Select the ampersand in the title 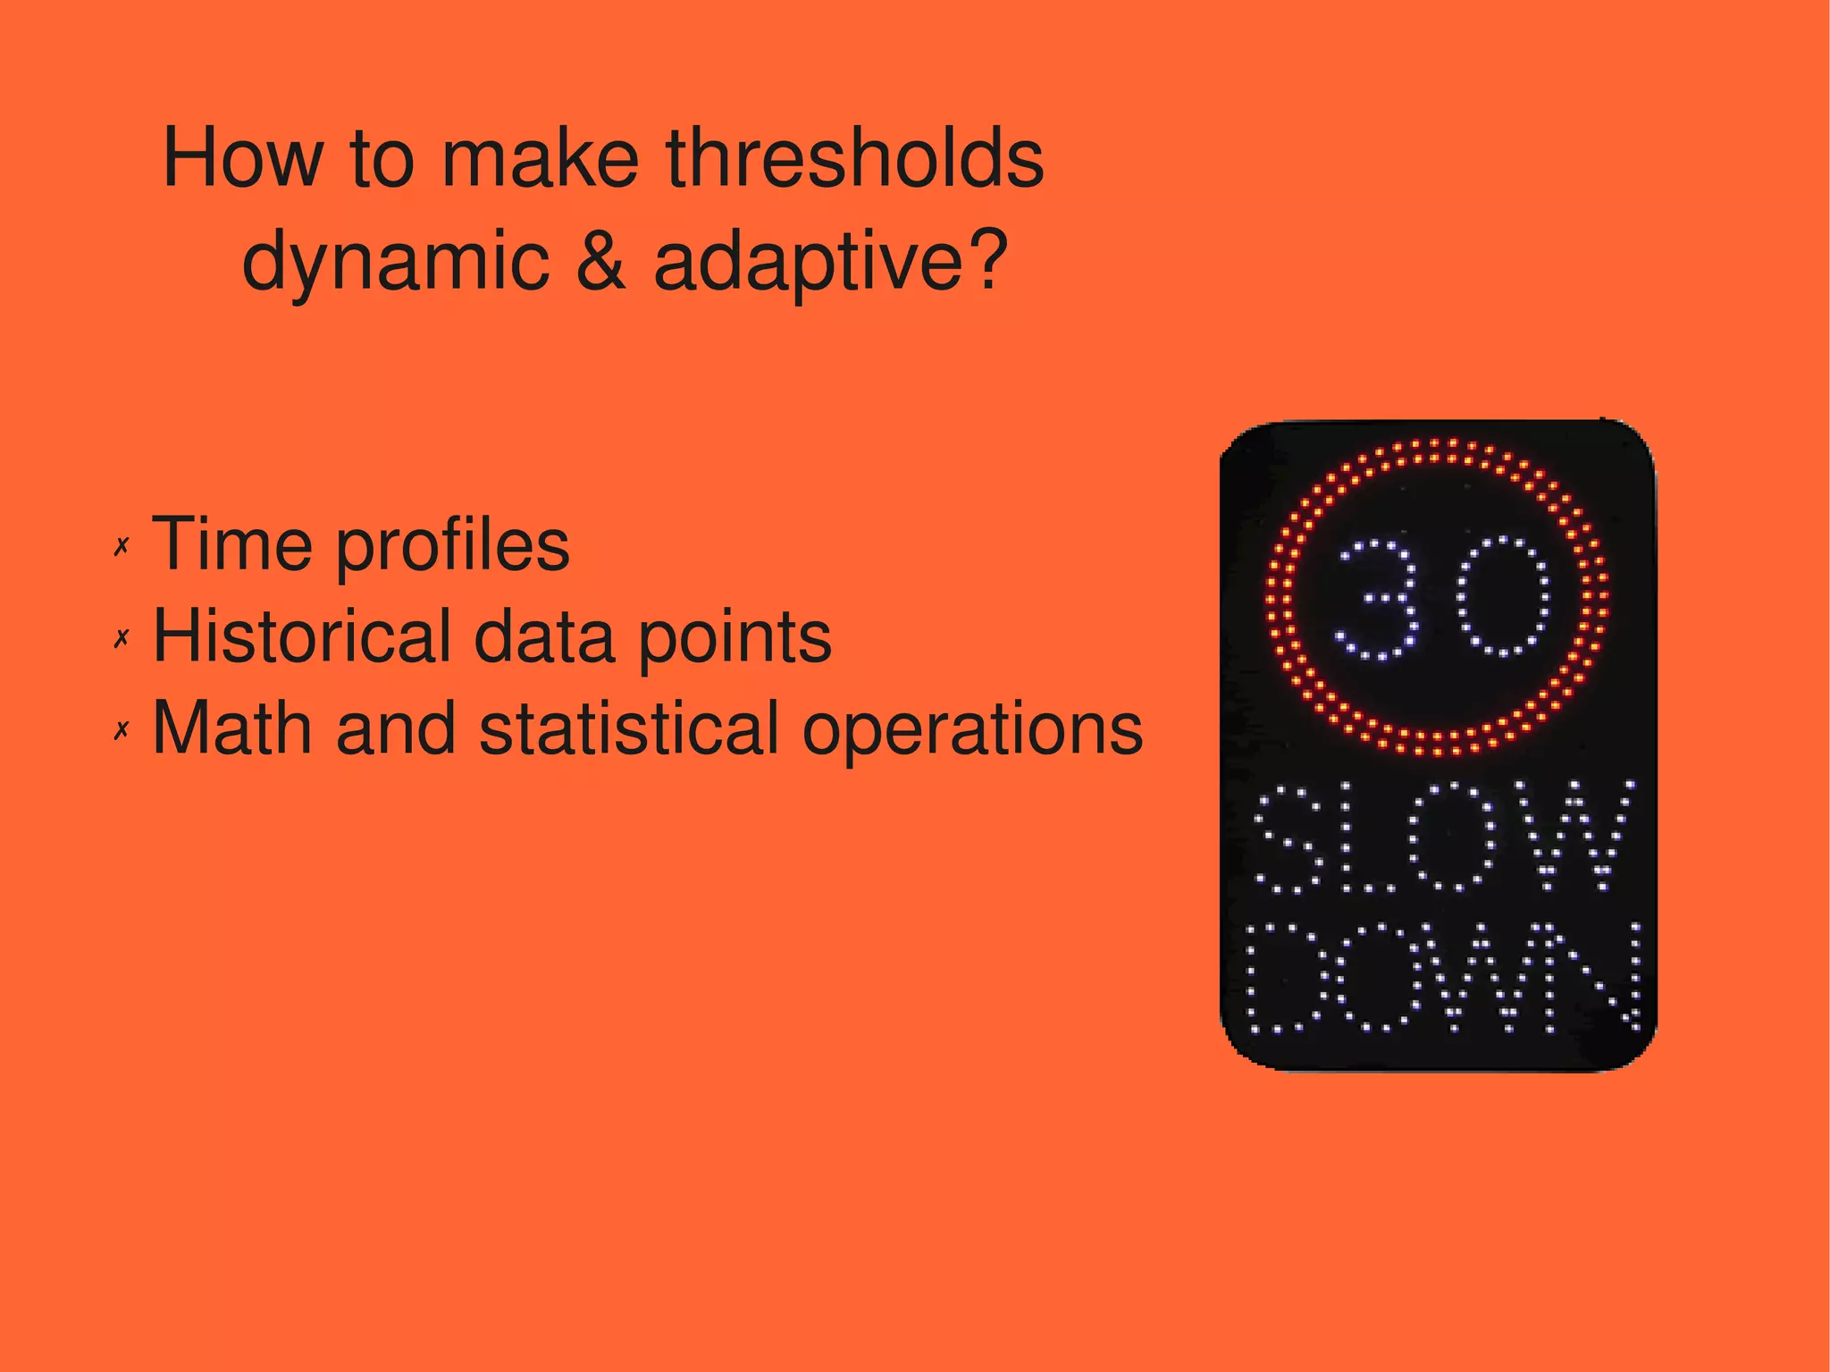coord(600,261)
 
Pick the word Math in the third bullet coord(232,728)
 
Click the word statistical coord(630,728)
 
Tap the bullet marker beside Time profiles coord(122,546)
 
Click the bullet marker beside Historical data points coord(122,638)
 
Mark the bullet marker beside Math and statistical coord(122,730)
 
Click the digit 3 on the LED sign coord(1377,598)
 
